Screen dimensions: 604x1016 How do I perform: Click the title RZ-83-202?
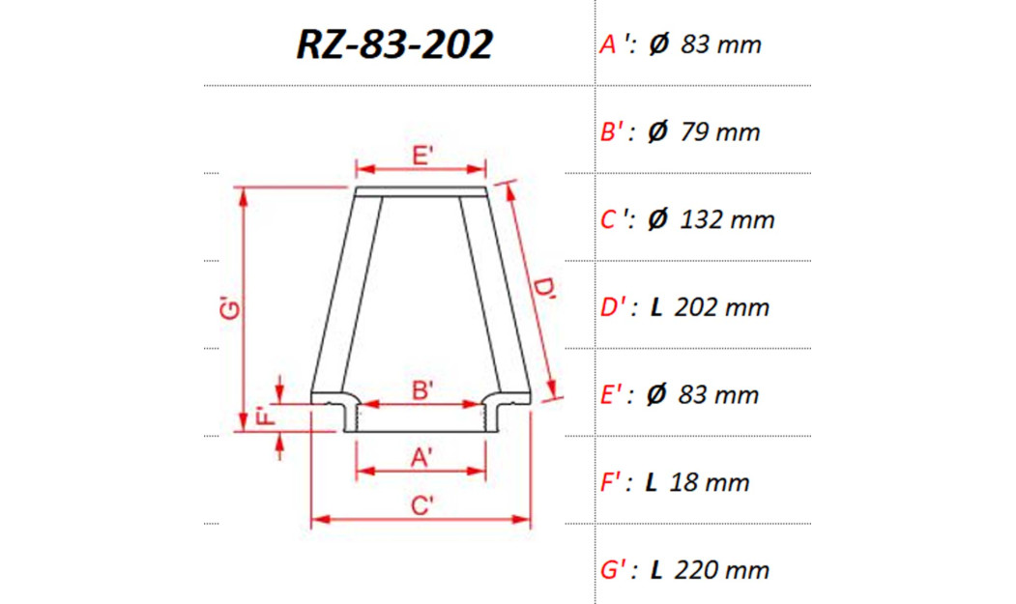coord(393,44)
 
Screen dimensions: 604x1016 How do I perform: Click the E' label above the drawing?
coord(421,155)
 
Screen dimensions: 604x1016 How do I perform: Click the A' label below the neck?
coord(421,458)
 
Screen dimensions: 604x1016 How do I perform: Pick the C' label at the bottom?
coord(421,505)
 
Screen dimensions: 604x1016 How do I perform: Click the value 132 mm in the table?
coord(727,220)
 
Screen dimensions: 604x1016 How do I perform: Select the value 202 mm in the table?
coord(722,308)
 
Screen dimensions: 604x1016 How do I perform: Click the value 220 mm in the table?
coord(722,570)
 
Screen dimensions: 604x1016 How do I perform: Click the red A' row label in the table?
coord(616,44)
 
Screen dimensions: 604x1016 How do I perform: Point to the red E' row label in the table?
coord(616,395)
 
